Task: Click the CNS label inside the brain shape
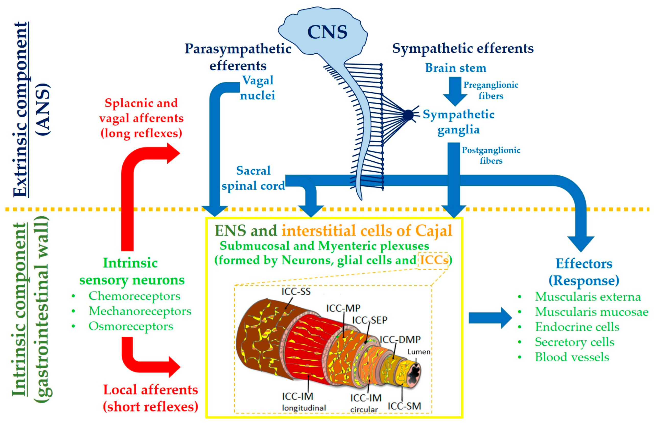pyautogui.click(x=327, y=32)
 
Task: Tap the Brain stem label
pyautogui.click(x=455, y=68)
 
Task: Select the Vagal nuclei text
pyautogui.click(x=257, y=88)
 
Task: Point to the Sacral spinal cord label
pyautogui.click(x=253, y=178)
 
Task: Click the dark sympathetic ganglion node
pyautogui.click(x=408, y=115)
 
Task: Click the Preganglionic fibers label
pyautogui.click(x=491, y=90)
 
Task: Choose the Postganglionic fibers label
pyautogui.click(x=491, y=155)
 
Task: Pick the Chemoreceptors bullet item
pyautogui.click(x=134, y=296)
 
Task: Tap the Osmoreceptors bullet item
pyautogui.click(x=131, y=326)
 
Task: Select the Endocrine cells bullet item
pyautogui.click(x=577, y=327)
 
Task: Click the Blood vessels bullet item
pyautogui.click(x=572, y=357)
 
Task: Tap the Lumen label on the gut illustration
pyautogui.click(x=419, y=352)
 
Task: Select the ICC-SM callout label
pyautogui.click(x=404, y=406)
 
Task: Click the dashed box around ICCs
pyautogui.click(x=433, y=260)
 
